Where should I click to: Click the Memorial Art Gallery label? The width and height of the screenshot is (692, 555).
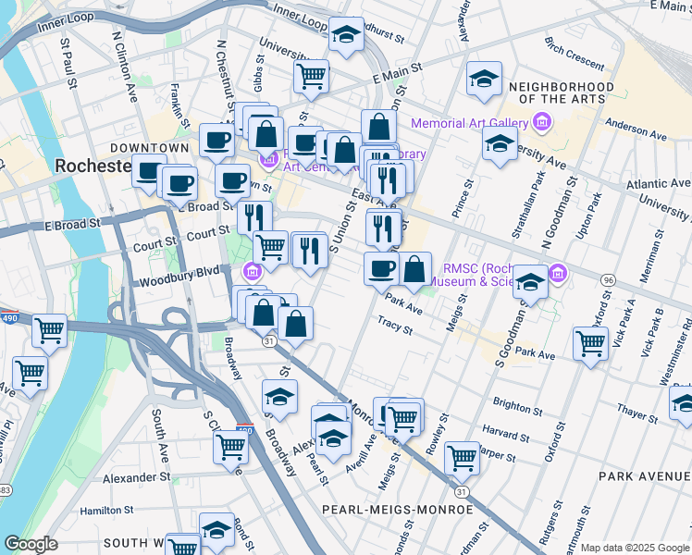click(x=469, y=123)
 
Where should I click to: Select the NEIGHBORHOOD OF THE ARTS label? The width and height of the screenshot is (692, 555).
click(x=562, y=92)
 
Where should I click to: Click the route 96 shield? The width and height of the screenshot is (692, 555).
click(x=608, y=279)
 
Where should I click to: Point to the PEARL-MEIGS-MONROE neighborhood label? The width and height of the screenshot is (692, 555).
click(x=397, y=510)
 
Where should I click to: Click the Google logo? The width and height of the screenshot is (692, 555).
click(x=31, y=544)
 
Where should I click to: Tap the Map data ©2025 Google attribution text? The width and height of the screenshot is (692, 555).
click(x=636, y=548)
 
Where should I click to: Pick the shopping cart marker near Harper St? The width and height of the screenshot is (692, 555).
click(x=462, y=456)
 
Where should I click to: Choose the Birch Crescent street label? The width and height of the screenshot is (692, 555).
click(x=575, y=58)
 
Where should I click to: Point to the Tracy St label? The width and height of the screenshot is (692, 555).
click(x=395, y=326)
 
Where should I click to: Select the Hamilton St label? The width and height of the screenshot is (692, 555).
click(x=107, y=510)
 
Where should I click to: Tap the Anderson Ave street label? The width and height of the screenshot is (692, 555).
click(x=636, y=129)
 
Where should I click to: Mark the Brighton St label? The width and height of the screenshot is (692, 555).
click(x=512, y=404)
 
